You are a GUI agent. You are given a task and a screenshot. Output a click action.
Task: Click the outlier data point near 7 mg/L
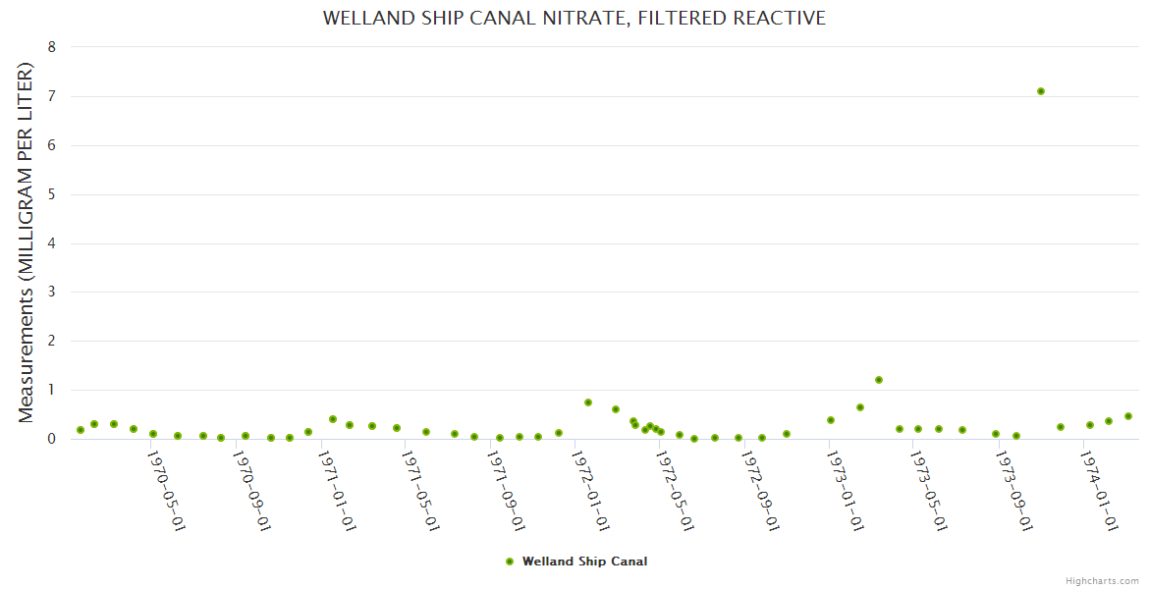point(1041,91)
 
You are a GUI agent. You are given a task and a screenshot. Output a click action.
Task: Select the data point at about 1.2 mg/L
point(879,380)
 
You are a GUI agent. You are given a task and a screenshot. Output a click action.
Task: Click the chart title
point(574,19)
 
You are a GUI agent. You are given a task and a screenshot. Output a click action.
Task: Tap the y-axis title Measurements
point(27,243)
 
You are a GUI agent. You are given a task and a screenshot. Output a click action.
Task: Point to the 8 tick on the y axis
point(51,47)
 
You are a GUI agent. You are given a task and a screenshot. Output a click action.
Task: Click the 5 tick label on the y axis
point(51,194)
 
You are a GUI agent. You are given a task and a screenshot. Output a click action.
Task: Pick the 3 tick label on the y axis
point(51,293)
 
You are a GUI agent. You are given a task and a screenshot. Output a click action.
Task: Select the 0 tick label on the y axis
point(51,439)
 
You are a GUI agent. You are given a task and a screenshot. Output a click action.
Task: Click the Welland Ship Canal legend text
point(584,562)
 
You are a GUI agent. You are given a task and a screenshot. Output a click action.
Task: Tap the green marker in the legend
point(510,562)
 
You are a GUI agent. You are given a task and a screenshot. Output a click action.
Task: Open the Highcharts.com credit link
point(1102,580)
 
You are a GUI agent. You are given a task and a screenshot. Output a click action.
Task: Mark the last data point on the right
point(1128,416)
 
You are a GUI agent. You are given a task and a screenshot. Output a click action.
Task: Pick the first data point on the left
point(81,430)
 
